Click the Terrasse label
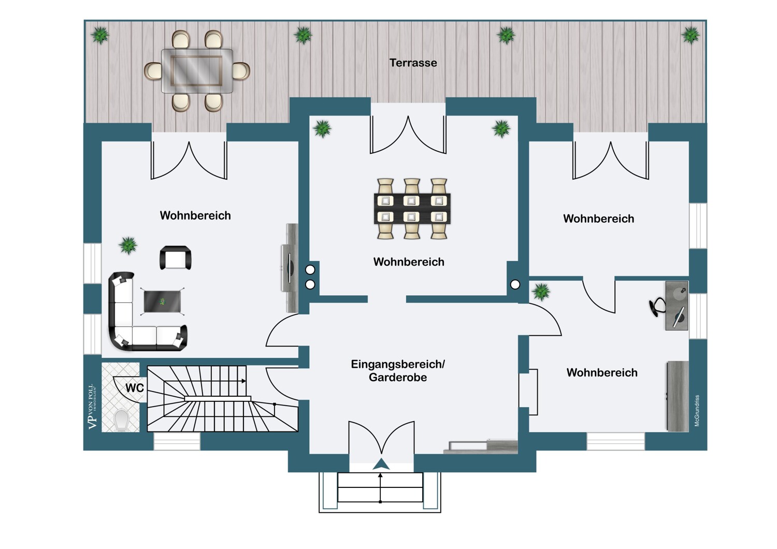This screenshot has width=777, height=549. (413, 63)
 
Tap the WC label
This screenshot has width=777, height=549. (135, 388)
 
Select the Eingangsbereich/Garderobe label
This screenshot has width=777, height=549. (398, 370)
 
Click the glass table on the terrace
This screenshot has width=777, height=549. (197, 71)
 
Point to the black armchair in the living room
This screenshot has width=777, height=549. (176, 258)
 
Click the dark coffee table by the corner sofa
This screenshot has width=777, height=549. (162, 301)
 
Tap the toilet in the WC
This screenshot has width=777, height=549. (121, 421)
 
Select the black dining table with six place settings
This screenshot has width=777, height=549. (412, 209)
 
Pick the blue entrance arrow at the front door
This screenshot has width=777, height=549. (381, 464)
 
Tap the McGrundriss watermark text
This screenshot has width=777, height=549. (697, 410)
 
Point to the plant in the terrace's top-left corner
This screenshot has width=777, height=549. (100, 35)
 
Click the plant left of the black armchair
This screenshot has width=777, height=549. (128, 245)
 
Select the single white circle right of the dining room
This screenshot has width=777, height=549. (515, 284)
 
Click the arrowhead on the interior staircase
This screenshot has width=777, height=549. (244, 381)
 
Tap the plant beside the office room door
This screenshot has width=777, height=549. (541, 292)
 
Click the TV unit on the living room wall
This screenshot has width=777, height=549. (290, 268)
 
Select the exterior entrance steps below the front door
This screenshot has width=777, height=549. (380, 487)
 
